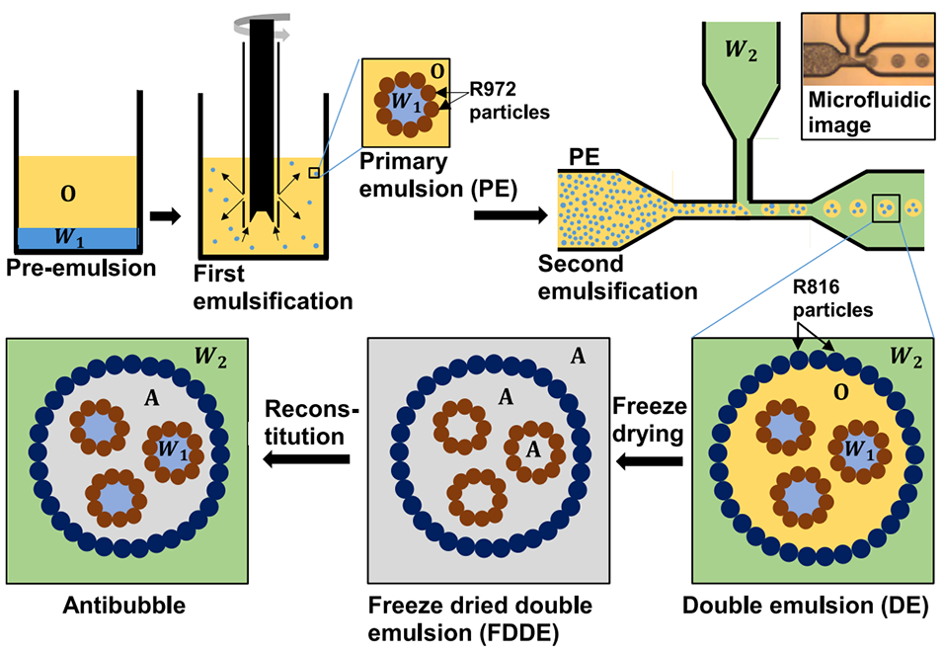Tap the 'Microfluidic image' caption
pos(853,112)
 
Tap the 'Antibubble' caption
pos(124,604)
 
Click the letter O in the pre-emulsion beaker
pos(69,194)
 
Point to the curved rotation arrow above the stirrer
pos(265,27)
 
